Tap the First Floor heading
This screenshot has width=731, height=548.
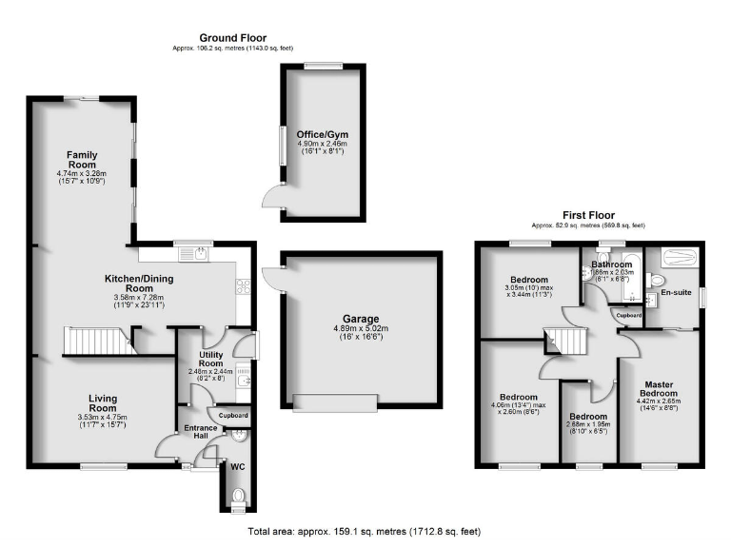587,215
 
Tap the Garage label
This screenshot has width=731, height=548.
361,319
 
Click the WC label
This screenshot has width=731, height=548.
238,467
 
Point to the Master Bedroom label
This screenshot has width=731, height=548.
657,389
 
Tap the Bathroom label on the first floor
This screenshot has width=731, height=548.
611,264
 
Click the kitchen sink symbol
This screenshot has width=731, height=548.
201,252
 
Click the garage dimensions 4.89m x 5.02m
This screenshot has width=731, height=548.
361,331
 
